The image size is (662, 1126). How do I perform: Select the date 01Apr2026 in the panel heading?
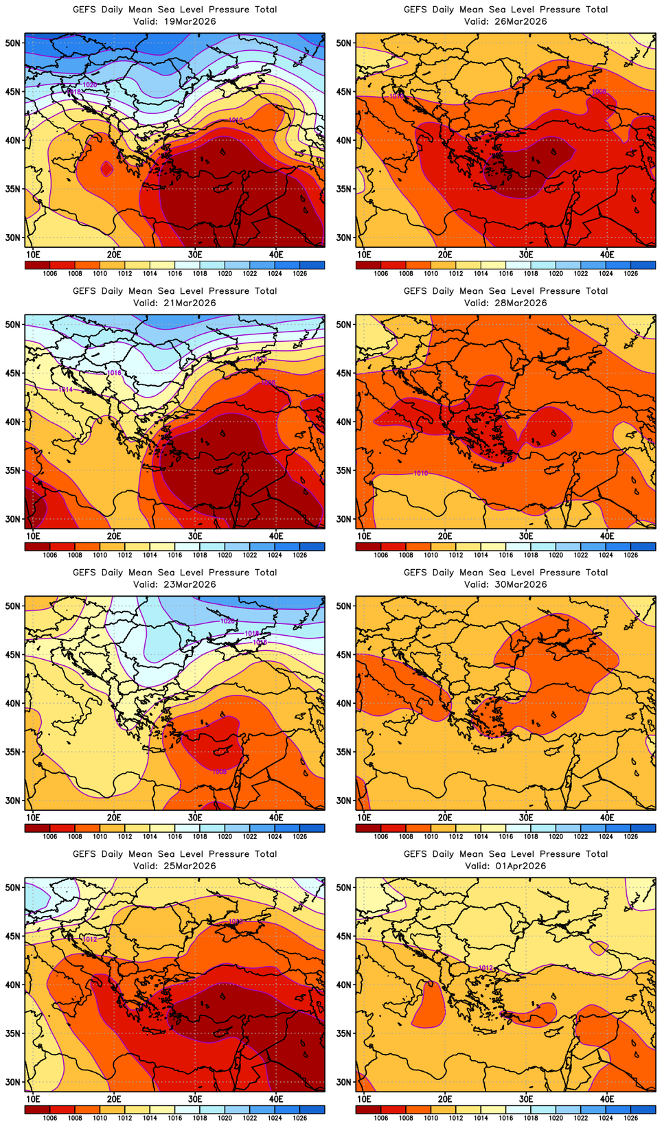coord(521,866)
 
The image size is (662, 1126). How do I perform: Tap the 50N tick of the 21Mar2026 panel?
coord(13,324)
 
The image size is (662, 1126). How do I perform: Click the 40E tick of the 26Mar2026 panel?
coord(607,254)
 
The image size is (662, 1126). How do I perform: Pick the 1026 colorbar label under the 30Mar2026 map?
coord(630,836)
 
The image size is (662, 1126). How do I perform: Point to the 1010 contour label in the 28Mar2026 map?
coord(421,473)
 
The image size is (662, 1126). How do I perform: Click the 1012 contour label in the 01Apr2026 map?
coord(486,968)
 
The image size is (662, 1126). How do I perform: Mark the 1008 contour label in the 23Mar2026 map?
coord(219,772)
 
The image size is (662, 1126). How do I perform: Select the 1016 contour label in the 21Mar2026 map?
coord(115,373)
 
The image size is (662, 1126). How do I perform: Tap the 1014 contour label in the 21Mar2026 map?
coord(65,389)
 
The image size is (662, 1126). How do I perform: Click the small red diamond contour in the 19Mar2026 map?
coord(106,168)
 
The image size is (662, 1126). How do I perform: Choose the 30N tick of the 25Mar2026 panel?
coord(13,1082)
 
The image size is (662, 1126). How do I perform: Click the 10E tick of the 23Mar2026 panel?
coord(32,817)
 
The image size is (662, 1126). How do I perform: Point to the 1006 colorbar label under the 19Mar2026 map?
coord(50,273)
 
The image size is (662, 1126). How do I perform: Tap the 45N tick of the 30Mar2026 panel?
coord(344,654)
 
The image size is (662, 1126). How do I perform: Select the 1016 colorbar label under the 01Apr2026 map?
coord(506,1118)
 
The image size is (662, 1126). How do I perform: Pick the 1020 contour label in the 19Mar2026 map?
coord(90,84)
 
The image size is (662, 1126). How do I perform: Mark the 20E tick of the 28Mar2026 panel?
coord(445,536)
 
